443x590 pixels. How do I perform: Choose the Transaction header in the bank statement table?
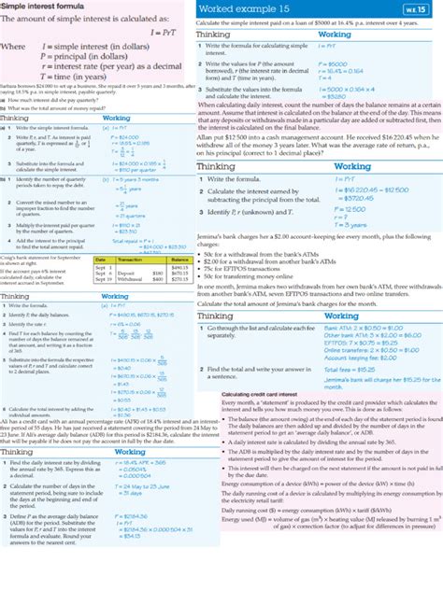click(x=136, y=259)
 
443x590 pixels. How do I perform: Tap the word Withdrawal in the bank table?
click(x=134, y=278)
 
